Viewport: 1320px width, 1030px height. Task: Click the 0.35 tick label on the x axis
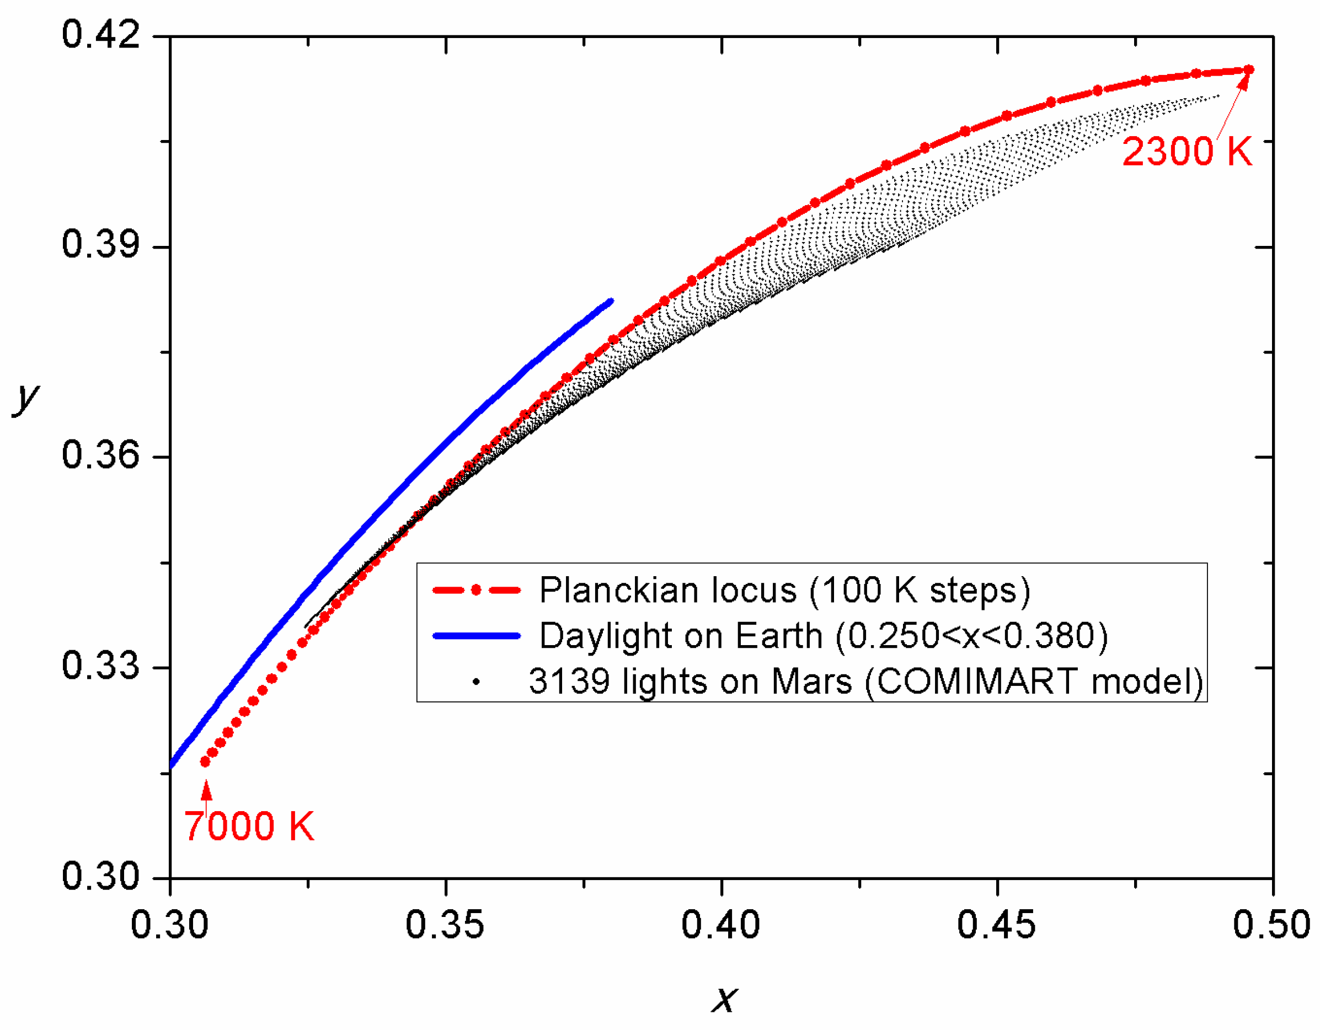[x=445, y=924]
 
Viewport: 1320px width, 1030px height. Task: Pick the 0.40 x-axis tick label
[x=720, y=924]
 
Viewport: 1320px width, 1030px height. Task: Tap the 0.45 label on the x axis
[x=996, y=924]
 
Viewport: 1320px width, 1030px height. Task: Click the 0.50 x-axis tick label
[x=1271, y=924]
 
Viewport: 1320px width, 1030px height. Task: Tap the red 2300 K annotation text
[x=1187, y=151]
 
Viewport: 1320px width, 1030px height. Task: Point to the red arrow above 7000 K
[x=207, y=791]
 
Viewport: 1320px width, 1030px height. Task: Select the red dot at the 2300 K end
[x=1249, y=70]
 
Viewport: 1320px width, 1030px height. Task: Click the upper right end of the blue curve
[x=611, y=301]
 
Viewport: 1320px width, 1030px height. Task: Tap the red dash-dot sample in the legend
[x=477, y=590]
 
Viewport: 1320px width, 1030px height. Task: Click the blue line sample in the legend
[x=477, y=636]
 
